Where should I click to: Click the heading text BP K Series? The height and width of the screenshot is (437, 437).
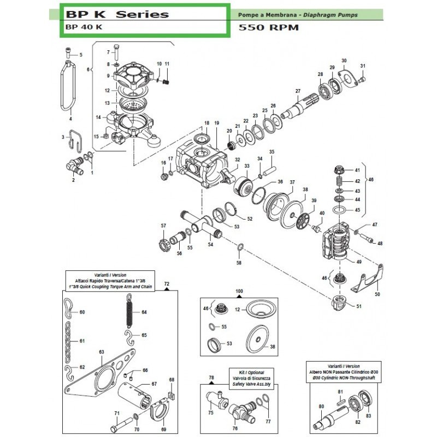117,14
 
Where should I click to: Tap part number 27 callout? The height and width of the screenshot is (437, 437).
298,91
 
